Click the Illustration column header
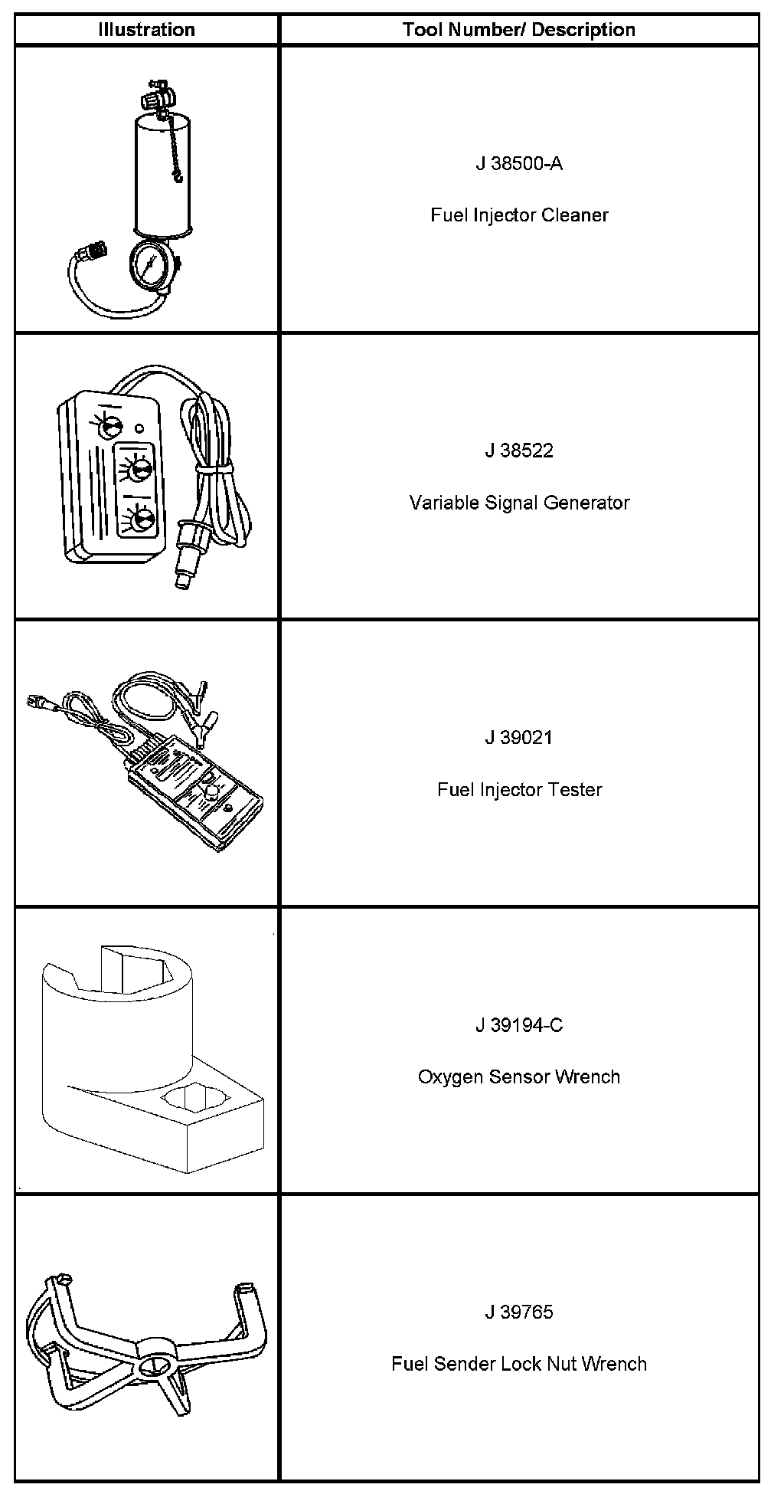[x=146, y=30]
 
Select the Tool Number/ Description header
[x=519, y=30]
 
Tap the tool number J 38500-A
[x=519, y=163]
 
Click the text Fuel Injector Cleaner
[x=519, y=215]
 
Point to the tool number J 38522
[x=519, y=451]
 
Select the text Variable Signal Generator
[x=519, y=503]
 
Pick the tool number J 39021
[x=519, y=738]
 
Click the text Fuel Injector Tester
[x=519, y=789]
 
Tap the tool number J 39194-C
[x=519, y=1025]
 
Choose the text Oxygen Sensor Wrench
[x=519, y=1076]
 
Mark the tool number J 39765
[x=519, y=1312]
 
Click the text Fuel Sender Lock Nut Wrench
[x=519, y=1364]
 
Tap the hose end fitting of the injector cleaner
[x=96, y=250]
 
